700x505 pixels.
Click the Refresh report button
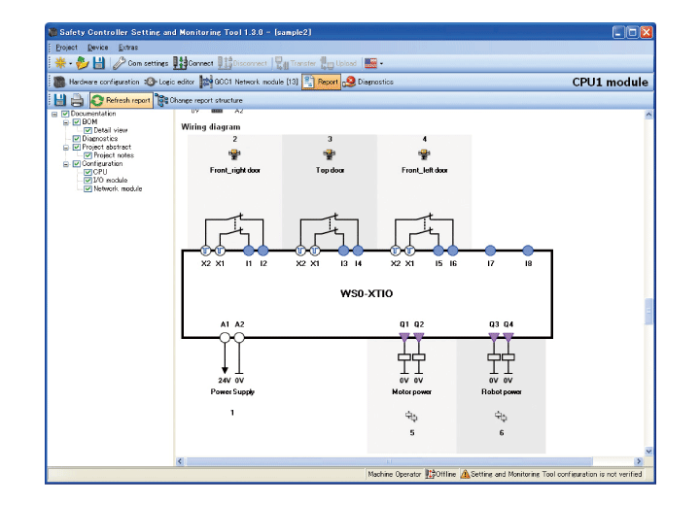click(122, 100)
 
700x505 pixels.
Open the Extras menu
click(128, 47)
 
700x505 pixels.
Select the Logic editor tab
click(170, 83)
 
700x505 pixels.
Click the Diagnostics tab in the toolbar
click(368, 83)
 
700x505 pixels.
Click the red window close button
click(647, 32)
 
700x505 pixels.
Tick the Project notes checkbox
click(88, 155)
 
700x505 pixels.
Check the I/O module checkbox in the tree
click(88, 181)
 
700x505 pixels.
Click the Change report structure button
click(199, 100)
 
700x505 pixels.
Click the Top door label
click(330, 170)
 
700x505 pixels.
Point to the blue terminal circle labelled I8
click(528, 251)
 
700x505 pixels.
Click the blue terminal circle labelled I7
click(490, 251)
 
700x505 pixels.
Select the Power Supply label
click(232, 391)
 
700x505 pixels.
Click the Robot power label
click(501, 391)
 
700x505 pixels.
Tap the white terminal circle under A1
click(225, 338)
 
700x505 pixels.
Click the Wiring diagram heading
click(211, 126)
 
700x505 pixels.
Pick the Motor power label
click(411, 391)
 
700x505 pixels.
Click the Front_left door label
click(424, 170)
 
